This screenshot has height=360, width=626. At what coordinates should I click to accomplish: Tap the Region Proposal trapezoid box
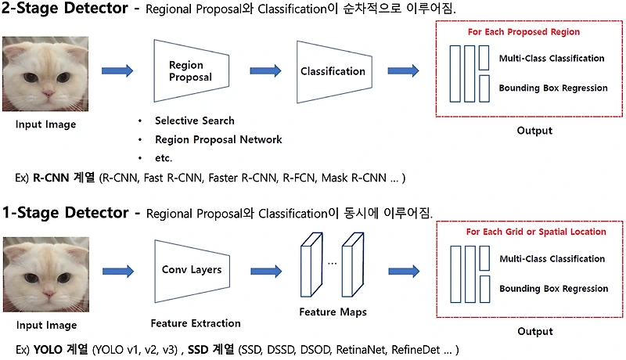coord(190,71)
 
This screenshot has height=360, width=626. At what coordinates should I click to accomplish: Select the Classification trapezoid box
coord(333,71)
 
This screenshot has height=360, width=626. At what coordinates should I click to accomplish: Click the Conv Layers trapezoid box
coord(191,270)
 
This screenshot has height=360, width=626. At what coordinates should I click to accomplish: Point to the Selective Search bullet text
coord(194,121)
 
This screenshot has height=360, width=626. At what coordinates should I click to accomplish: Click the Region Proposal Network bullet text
coord(218,139)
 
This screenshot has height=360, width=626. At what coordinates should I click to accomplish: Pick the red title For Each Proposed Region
coord(523,32)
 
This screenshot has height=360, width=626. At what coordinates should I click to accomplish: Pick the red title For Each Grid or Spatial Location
coord(536,232)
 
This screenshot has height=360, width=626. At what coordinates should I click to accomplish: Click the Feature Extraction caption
coord(195,322)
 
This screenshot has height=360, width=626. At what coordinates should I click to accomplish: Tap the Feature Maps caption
coord(333,312)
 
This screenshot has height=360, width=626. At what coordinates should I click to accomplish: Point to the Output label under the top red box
coord(534,131)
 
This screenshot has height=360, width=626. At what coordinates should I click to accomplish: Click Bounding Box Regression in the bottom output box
coord(553,289)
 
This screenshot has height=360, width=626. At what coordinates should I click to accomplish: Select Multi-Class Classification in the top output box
coord(552,58)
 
